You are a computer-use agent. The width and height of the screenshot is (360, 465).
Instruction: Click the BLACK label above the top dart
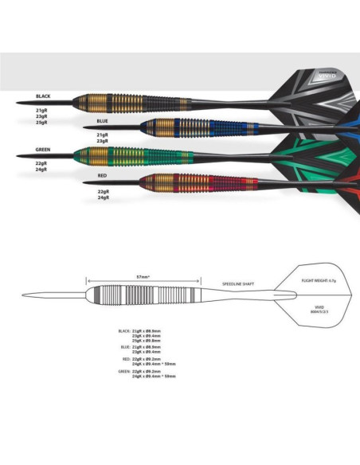(x=43, y=96)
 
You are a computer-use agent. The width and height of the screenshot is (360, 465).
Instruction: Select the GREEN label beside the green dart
(x=45, y=149)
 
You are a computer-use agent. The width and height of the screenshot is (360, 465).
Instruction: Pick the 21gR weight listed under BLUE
(x=102, y=135)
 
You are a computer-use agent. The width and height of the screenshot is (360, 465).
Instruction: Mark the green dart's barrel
(x=119, y=154)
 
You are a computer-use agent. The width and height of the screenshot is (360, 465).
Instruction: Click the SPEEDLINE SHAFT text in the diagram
(x=238, y=282)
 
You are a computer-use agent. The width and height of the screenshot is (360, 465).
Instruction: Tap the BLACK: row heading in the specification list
(x=124, y=329)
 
